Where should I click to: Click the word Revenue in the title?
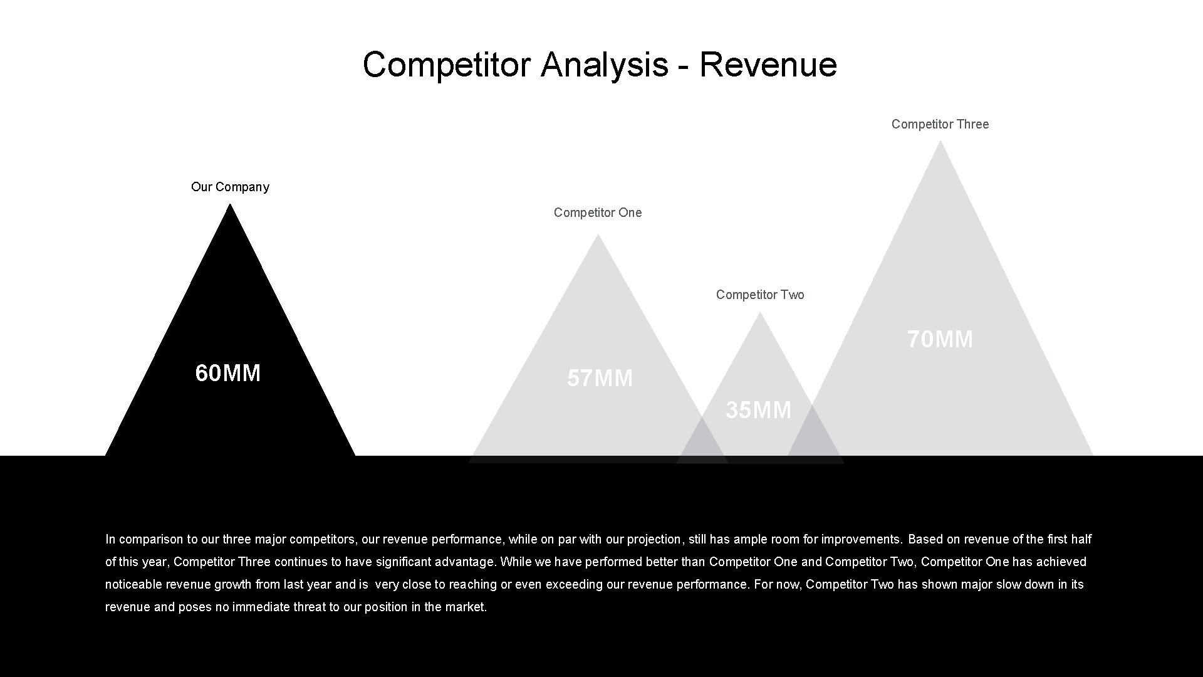coord(768,65)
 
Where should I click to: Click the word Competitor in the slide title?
coord(446,65)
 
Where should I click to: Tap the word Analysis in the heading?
coord(605,65)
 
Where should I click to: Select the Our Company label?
coord(230,187)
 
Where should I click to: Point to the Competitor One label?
coord(598,213)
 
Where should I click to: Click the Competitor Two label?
coord(760,295)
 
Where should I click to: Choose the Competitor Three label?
coord(940,124)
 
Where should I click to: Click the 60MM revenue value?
coord(228,373)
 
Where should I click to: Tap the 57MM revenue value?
coord(600,378)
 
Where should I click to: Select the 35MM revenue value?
coord(759,410)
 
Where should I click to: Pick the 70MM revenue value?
coord(940,339)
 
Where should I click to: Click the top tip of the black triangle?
coord(230,206)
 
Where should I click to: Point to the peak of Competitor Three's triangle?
coord(940,143)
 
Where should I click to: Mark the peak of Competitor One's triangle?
coord(598,236)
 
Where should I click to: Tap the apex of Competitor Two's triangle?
coord(760,314)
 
